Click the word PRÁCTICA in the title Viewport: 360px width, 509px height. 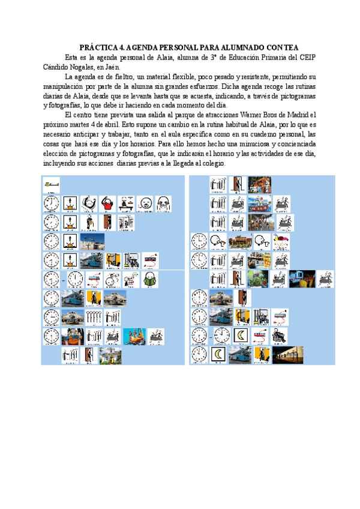[99, 47]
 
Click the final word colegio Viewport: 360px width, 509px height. [211, 164]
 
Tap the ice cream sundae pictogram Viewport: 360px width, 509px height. [281, 241]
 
